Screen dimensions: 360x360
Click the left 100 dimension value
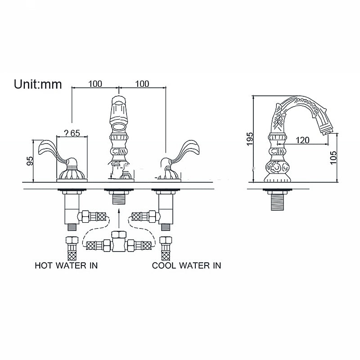[95, 84]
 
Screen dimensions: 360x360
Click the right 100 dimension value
[142, 84]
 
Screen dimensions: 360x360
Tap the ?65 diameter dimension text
[72, 133]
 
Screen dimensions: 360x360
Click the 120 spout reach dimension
[302, 140]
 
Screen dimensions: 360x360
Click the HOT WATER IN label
[66, 265]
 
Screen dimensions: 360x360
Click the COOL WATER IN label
[186, 265]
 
